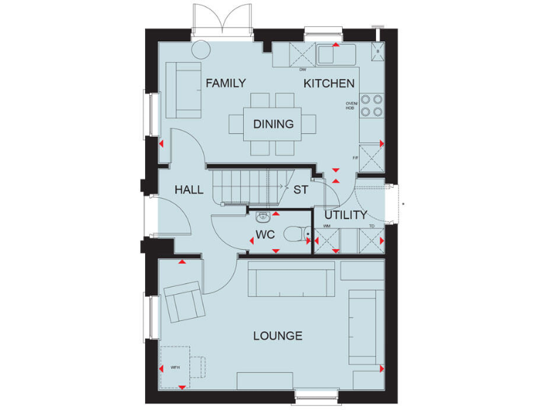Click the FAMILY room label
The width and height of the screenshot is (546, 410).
(226, 83)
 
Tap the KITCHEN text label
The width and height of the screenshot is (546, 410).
(329, 83)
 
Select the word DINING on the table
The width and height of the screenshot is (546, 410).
(273, 124)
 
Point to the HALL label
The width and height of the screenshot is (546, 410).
(189, 190)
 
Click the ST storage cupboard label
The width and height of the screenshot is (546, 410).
(301, 190)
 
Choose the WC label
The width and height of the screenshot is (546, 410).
(265, 233)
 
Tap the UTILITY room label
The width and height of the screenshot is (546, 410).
(346, 215)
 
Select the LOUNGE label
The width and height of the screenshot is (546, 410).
(278, 336)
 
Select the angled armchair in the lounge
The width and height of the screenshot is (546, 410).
(184, 300)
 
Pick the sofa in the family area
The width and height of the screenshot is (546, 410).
(182, 90)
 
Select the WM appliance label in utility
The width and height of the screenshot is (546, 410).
(326, 226)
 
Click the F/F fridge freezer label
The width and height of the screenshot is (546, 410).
(355, 157)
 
